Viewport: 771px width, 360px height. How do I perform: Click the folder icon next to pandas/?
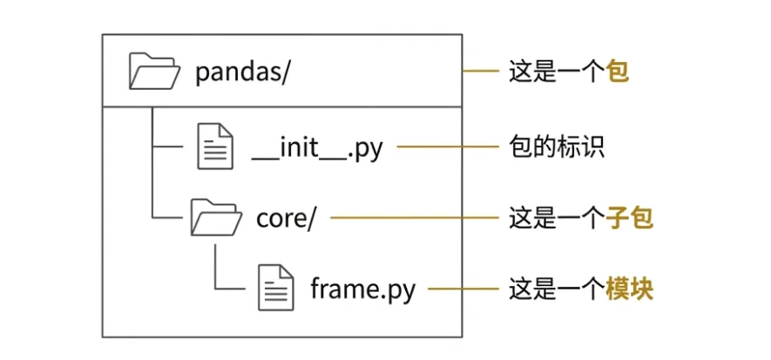coord(153,71)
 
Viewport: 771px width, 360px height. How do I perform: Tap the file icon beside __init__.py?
coord(214,146)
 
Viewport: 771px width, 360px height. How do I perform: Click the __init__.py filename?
coord(317,147)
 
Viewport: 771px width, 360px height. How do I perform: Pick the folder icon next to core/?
coord(215,218)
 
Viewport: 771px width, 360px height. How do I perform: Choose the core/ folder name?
coord(285,218)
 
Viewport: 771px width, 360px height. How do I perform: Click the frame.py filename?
coord(362,289)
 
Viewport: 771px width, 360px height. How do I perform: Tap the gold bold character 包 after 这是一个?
coord(618,71)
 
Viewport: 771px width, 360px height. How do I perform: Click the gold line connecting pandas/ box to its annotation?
coord(479,71)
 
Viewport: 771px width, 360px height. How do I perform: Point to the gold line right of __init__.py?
coord(445,146)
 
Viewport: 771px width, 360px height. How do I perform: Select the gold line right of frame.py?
coord(461,289)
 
